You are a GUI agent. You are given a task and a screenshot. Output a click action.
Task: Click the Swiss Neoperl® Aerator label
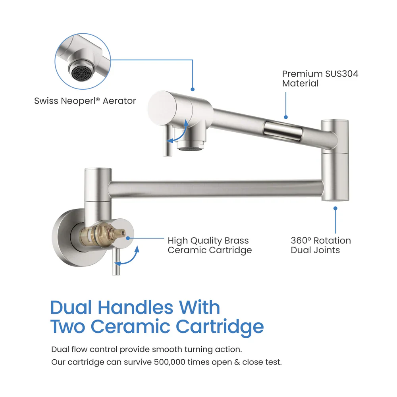pos(85,101)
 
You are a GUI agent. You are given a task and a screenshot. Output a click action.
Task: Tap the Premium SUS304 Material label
pos(320,79)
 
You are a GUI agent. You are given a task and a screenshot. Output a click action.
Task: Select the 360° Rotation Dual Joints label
pos(321,245)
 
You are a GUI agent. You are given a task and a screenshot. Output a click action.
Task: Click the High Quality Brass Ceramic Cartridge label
pos(209,245)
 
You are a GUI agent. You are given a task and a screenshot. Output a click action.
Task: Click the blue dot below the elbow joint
pos(335,208)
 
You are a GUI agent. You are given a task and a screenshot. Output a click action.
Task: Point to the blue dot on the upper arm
pos(286,117)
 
